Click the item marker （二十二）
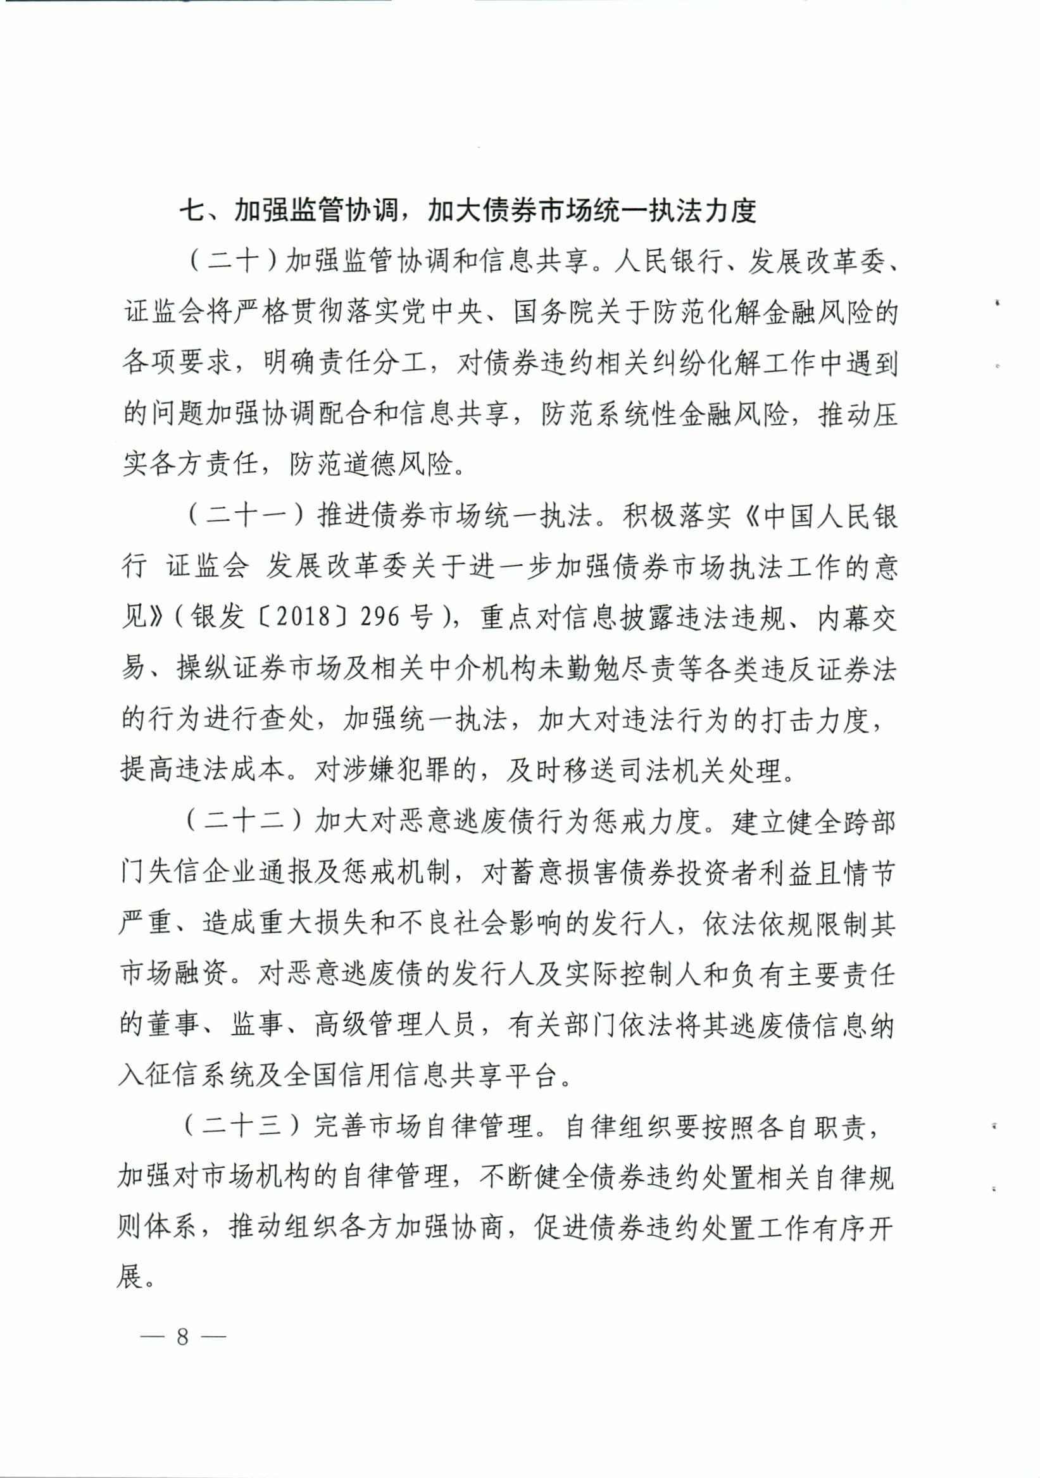(x=245, y=822)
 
